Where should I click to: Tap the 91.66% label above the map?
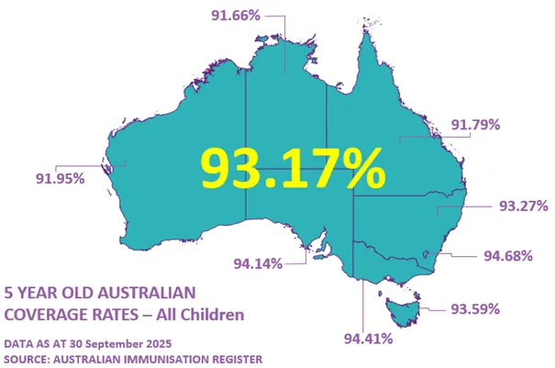236,16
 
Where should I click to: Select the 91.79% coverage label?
475,125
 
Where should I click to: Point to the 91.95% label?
60,178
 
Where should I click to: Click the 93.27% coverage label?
523,205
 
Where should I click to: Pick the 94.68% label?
508,255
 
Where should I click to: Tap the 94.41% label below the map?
368,339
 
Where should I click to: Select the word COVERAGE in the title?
46,315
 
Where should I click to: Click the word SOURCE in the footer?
28,358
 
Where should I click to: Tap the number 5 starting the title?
9,294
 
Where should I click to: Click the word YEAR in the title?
39,294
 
